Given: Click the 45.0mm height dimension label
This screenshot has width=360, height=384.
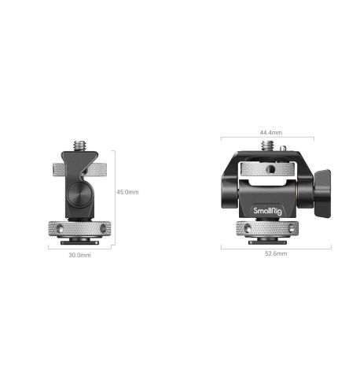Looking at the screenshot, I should [x=127, y=191].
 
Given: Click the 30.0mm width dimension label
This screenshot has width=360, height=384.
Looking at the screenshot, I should [x=79, y=256].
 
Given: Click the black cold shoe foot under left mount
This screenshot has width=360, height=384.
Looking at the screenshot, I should [x=84, y=242].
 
